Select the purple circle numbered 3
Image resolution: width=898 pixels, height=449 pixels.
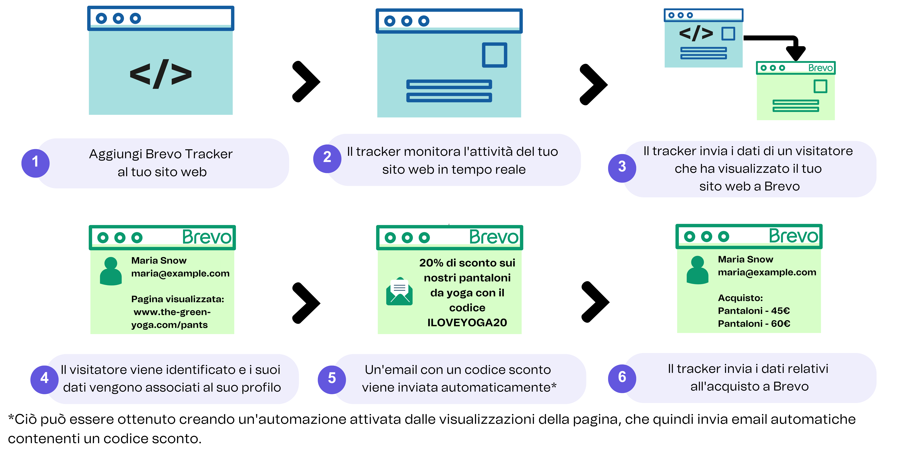[622, 168]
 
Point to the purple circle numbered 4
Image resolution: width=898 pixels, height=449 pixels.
[44, 379]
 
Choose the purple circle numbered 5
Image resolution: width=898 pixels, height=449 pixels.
[332, 379]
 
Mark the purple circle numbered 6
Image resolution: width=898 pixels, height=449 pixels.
[622, 378]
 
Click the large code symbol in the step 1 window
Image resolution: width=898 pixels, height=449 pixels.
[161, 74]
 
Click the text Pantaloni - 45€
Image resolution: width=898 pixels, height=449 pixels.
[754, 311]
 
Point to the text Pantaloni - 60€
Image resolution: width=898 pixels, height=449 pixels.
[754, 323]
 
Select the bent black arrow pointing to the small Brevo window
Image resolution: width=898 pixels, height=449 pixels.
[781, 44]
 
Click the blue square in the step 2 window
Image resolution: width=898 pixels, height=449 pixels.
[494, 55]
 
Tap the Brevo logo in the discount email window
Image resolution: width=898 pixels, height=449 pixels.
[494, 237]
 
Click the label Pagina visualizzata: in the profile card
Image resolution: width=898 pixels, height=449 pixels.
[177, 299]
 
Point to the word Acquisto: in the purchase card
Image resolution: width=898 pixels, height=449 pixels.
[740, 298]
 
